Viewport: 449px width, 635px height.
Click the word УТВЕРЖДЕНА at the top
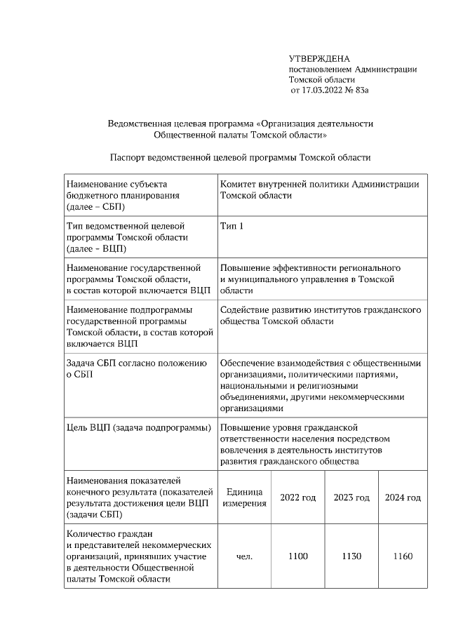click(x=319, y=58)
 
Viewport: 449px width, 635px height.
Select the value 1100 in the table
click(x=298, y=556)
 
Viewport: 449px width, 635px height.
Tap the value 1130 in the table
click(x=351, y=556)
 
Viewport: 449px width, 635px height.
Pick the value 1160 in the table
click(x=403, y=556)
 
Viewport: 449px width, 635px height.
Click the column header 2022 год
click(x=298, y=497)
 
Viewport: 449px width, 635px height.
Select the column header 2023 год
click(x=351, y=497)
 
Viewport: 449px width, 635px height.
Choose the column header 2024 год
click(x=403, y=497)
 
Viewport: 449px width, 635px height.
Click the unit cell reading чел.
click(x=245, y=556)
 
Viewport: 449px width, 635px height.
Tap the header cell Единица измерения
click(x=245, y=497)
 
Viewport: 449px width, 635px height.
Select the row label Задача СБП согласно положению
click(x=136, y=363)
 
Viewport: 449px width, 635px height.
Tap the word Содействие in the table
click(x=247, y=309)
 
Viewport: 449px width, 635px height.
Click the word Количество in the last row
click(x=93, y=534)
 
